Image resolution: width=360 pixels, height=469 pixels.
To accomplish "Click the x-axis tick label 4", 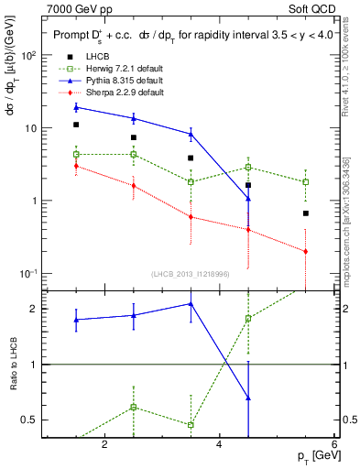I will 219,444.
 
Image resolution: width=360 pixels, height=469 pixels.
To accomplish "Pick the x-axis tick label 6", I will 334,444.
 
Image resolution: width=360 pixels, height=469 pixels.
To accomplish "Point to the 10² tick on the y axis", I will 30,55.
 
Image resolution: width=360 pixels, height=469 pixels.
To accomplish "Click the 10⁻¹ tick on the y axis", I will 30,274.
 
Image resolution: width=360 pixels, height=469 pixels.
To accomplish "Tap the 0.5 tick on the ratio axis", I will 29,420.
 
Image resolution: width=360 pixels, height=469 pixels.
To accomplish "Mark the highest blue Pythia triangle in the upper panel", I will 76,107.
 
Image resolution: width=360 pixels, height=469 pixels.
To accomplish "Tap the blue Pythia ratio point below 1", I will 248,398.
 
